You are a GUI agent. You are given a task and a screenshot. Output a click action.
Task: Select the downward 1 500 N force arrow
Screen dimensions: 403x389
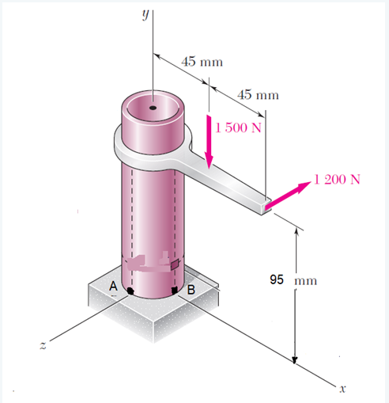(210, 143)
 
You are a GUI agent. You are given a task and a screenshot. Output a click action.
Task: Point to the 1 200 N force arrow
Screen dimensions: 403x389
(289, 195)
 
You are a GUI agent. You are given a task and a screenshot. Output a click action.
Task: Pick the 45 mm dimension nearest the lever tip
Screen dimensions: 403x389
(259, 95)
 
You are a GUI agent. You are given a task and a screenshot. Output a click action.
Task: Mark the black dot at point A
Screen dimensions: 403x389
(130, 291)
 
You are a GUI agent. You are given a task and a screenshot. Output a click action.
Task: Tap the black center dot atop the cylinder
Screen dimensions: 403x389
(153, 106)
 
